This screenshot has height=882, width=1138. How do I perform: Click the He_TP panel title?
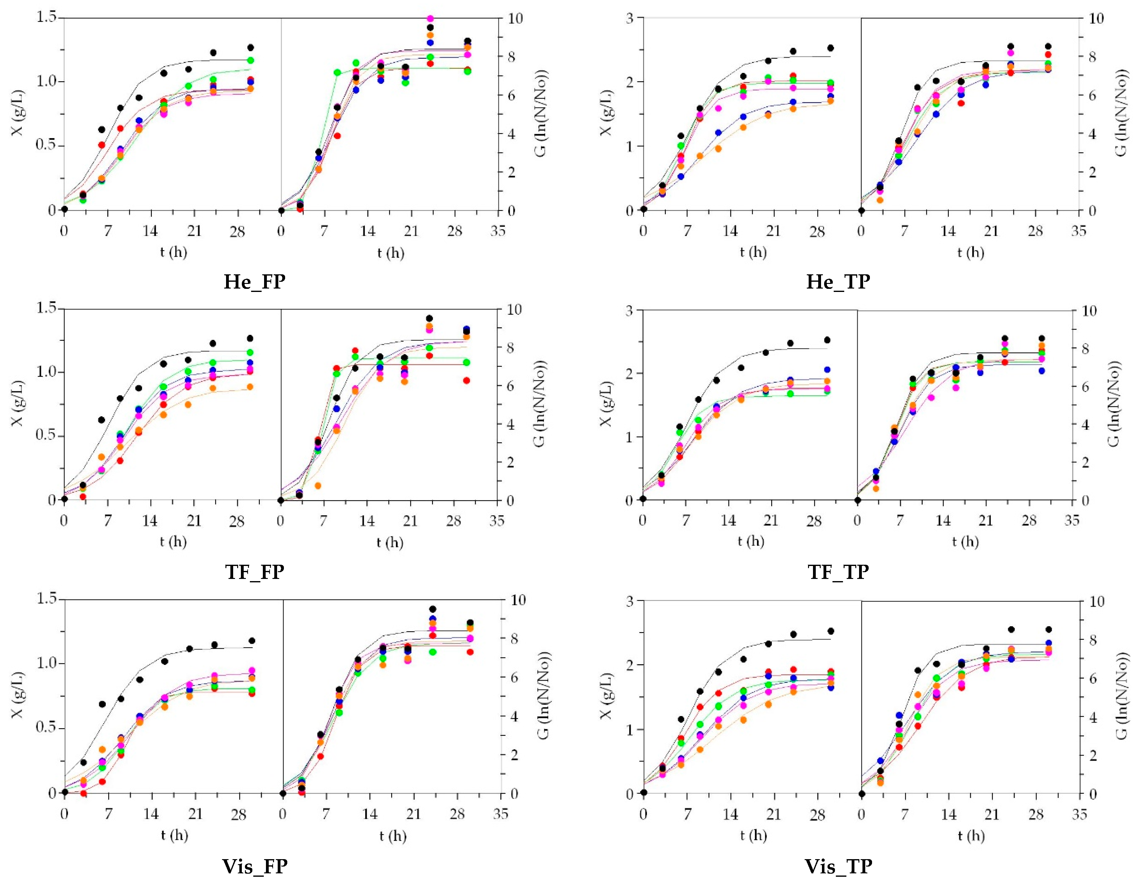point(838,282)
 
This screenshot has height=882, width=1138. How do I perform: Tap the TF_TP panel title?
point(838,572)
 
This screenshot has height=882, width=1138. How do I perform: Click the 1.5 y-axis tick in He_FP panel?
point(47,18)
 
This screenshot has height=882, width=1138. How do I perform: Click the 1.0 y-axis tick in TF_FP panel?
point(47,372)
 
